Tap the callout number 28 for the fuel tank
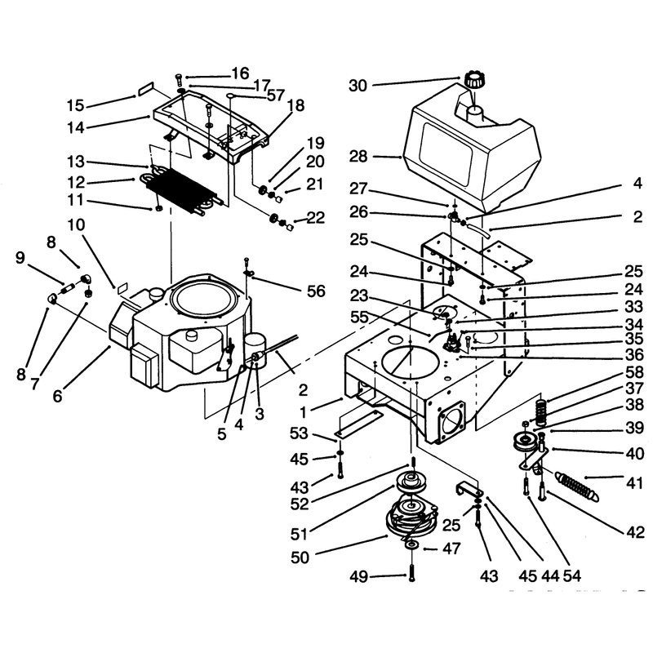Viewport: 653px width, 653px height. [358, 157]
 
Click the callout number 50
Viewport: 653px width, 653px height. [300, 557]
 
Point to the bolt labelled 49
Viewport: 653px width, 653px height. [412, 572]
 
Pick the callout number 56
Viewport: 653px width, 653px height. [316, 291]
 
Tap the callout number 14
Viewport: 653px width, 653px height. [76, 128]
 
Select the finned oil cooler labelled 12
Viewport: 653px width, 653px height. [183, 190]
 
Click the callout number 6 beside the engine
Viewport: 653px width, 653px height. [58, 396]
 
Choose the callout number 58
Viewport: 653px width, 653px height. [635, 372]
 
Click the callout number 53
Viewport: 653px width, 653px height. [299, 433]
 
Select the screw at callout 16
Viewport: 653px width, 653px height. [179, 78]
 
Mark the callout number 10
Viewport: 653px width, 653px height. [76, 225]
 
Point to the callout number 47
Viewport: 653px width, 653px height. [451, 549]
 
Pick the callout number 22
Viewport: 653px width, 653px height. [315, 218]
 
